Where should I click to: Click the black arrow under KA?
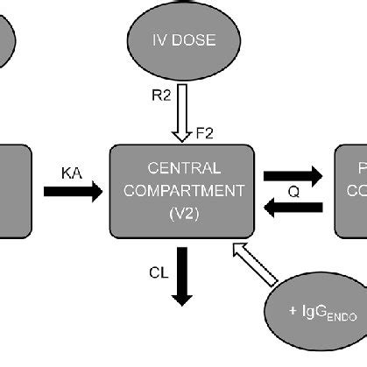72,193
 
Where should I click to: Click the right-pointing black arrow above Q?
294,175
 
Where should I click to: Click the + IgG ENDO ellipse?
316,312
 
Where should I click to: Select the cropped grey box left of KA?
15,191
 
